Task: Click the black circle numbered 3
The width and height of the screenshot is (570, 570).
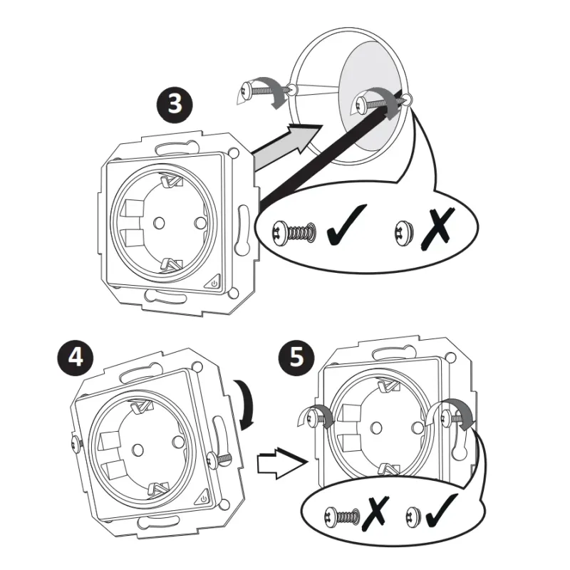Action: [x=175, y=104]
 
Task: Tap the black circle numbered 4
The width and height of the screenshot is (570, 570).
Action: [x=76, y=358]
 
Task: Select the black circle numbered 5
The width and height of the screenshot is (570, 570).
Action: [x=296, y=357]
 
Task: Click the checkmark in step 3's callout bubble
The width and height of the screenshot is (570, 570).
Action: [x=346, y=225]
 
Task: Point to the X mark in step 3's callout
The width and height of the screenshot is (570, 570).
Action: [x=437, y=228]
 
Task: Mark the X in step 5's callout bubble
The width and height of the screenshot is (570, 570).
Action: [x=376, y=513]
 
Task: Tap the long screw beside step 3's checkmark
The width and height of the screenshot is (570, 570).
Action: [x=294, y=232]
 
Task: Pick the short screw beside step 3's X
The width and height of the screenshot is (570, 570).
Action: [x=404, y=232]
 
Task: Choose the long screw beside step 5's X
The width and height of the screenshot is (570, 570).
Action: [x=343, y=517]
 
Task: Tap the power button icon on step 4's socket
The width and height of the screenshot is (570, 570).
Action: [x=202, y=498]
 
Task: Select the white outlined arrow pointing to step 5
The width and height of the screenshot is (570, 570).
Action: [x=281, y=462]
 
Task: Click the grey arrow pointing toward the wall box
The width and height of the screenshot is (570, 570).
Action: [x=286, y=145]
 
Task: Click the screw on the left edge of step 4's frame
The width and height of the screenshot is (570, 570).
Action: [x=76, y=445]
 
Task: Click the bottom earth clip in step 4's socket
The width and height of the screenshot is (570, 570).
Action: [x=160, y=488]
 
